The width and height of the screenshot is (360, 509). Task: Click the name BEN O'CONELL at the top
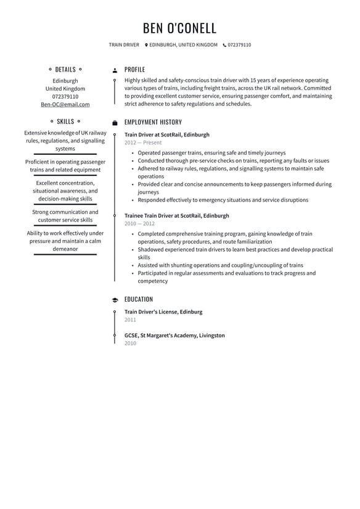tap(179, 28)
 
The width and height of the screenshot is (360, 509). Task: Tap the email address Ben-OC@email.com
tap(65, 104)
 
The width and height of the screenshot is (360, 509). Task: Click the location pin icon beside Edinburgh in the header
tap(147, 45)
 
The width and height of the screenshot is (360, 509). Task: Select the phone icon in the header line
tap(224, 45)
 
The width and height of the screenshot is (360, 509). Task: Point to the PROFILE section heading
tap(134, 70)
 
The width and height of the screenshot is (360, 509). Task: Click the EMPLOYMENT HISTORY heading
tap(153, 122)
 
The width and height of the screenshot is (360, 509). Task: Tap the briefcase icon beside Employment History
tap(115, 123)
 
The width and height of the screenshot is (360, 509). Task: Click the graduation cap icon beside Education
tap(115, 300)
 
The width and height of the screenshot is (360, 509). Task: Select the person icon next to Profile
tap(115, 70)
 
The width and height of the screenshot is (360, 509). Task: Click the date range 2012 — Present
tap(143, 143)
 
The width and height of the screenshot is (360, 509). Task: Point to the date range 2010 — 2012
tap(139, 224)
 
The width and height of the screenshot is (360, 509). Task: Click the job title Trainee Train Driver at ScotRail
tap(176, 216)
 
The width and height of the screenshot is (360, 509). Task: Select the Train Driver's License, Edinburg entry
tap(163, 312)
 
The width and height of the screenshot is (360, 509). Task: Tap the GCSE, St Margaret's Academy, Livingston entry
tap(174, 336)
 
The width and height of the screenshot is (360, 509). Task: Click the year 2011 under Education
tap(130, 320)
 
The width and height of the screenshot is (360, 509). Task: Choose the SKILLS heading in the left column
tap(65, 122)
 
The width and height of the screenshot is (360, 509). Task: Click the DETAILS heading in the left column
tap(65, 70)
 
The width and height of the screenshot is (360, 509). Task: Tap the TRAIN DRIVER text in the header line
tap(124, 45)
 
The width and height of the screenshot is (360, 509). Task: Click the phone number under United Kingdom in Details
tap(65, 97)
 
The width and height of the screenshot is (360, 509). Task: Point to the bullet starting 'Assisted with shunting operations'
tap(220, 265)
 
